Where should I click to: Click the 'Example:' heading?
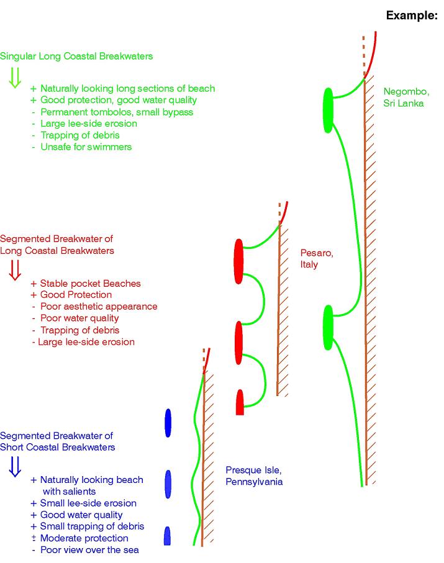pos(412,16)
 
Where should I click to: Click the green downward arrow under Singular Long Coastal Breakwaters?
pos(15,76)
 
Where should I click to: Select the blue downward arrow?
pos(15,465)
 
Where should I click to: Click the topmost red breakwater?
pos(238,261)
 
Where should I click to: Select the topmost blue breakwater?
pos(168,423)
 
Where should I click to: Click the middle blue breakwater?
pos(168,484)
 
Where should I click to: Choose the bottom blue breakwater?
pos(167,536)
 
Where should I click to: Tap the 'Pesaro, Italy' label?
pos(317,259)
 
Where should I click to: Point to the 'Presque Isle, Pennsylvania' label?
pos(254,475)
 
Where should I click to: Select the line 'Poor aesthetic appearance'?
pos(98,307)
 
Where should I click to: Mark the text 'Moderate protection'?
pos(84,538)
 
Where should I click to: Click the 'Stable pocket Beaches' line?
pos(90,284)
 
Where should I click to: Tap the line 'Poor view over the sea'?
pos(89,550)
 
